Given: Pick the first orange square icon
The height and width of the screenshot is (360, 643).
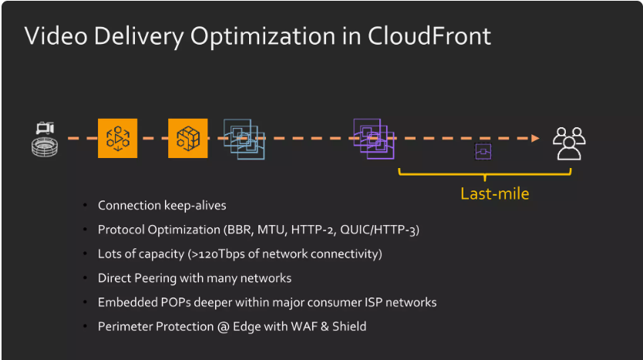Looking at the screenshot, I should [x=117, y=139].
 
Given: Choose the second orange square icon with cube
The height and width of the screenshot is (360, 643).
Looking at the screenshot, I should [x=188, y=139].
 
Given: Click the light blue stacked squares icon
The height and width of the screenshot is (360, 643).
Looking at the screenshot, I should [x=244, y=139].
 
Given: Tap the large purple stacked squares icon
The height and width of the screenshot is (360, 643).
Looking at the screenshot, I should [x=374, y=139].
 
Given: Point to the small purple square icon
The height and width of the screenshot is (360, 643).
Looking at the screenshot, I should [x=483, y=151].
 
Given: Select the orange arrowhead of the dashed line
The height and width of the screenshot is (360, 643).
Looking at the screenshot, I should [x=534, y=139].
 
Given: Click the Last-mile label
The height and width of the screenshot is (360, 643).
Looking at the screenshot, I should [x=495, y=193].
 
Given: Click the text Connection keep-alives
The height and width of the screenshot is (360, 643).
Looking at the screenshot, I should [x=162, y=206].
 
